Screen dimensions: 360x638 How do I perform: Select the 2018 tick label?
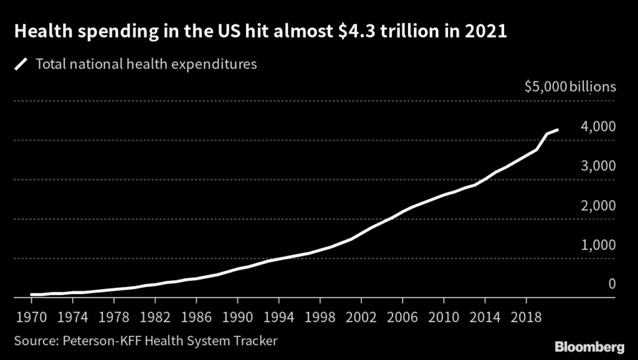click(x=526, y=317)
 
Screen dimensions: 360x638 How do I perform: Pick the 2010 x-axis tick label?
click(x=444, y=317)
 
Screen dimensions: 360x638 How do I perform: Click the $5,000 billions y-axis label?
click(x=570, y=87)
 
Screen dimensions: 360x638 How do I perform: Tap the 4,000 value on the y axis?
click(x=599, y=126)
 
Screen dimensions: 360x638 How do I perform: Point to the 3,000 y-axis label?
click(x=599, y=166)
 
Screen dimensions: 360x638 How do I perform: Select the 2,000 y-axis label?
click(x=599, y=205)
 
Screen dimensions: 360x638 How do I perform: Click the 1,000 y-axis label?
click(x=599, y=245)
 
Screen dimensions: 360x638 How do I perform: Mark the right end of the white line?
click(x=558, y=130)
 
